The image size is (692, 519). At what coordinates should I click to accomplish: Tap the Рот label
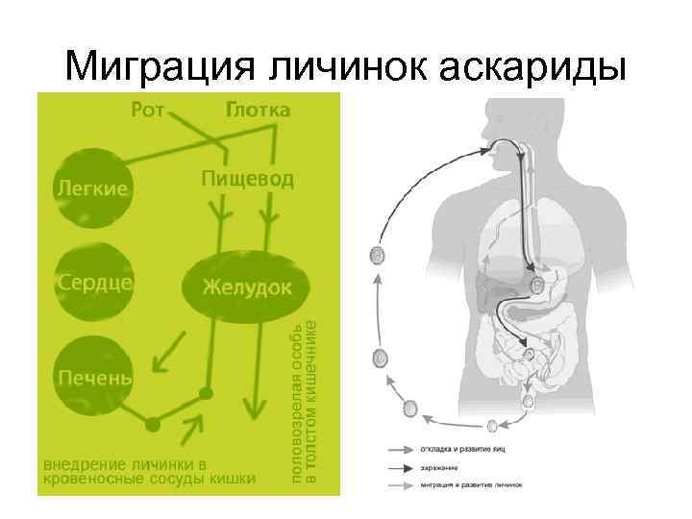(x=149, y=111)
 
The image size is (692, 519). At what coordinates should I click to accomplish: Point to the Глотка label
(x=257, y=111)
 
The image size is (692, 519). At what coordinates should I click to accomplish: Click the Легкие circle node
(x=91, y=188)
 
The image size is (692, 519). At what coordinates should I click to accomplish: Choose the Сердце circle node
(x=93, y=284)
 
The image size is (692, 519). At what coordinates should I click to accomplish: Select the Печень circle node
(x=93, y=376)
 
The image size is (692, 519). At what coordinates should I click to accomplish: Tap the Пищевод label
(x=249, y=180)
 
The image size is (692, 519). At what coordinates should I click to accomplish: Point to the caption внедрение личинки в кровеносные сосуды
(x=149, y=468)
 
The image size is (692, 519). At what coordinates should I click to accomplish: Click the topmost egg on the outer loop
(x=378, y=257)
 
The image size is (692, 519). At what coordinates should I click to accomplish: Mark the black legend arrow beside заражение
(x=401, y=468)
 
